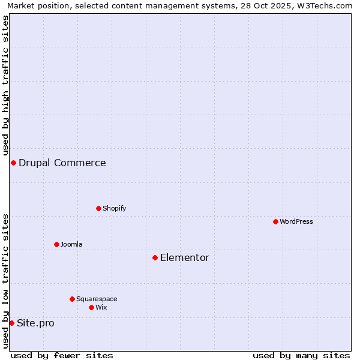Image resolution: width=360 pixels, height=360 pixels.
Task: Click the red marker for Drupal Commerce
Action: coord(13,163)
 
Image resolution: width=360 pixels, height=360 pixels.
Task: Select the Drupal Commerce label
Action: coord(62,163)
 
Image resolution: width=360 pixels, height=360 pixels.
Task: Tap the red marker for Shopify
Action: coord(98,209)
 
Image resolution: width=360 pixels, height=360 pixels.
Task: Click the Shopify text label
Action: coord(114,209)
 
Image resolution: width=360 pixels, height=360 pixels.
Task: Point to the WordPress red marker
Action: coord(275,222)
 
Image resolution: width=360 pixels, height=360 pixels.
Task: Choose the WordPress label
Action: coord(296,222)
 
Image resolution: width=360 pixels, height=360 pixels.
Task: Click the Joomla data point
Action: coord(56,245)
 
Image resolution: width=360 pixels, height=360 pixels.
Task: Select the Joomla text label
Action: coord(71,245)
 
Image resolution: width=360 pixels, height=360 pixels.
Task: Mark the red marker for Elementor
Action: coord(155,258)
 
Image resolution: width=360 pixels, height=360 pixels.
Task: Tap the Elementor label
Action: coord(184,258)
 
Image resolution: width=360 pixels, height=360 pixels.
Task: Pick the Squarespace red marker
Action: coord(72,299)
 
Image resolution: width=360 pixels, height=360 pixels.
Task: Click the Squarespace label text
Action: coord(97,299)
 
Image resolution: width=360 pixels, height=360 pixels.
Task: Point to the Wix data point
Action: coord(91,308)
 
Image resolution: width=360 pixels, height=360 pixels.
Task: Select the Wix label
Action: coord(101,308)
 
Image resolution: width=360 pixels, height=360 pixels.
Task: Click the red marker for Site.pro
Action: coord(11,323)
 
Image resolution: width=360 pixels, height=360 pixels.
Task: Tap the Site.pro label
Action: coord(35,323)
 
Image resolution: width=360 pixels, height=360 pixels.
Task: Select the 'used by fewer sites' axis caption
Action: coord(62,355)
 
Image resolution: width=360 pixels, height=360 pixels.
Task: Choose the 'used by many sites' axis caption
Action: coord(301,355)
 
